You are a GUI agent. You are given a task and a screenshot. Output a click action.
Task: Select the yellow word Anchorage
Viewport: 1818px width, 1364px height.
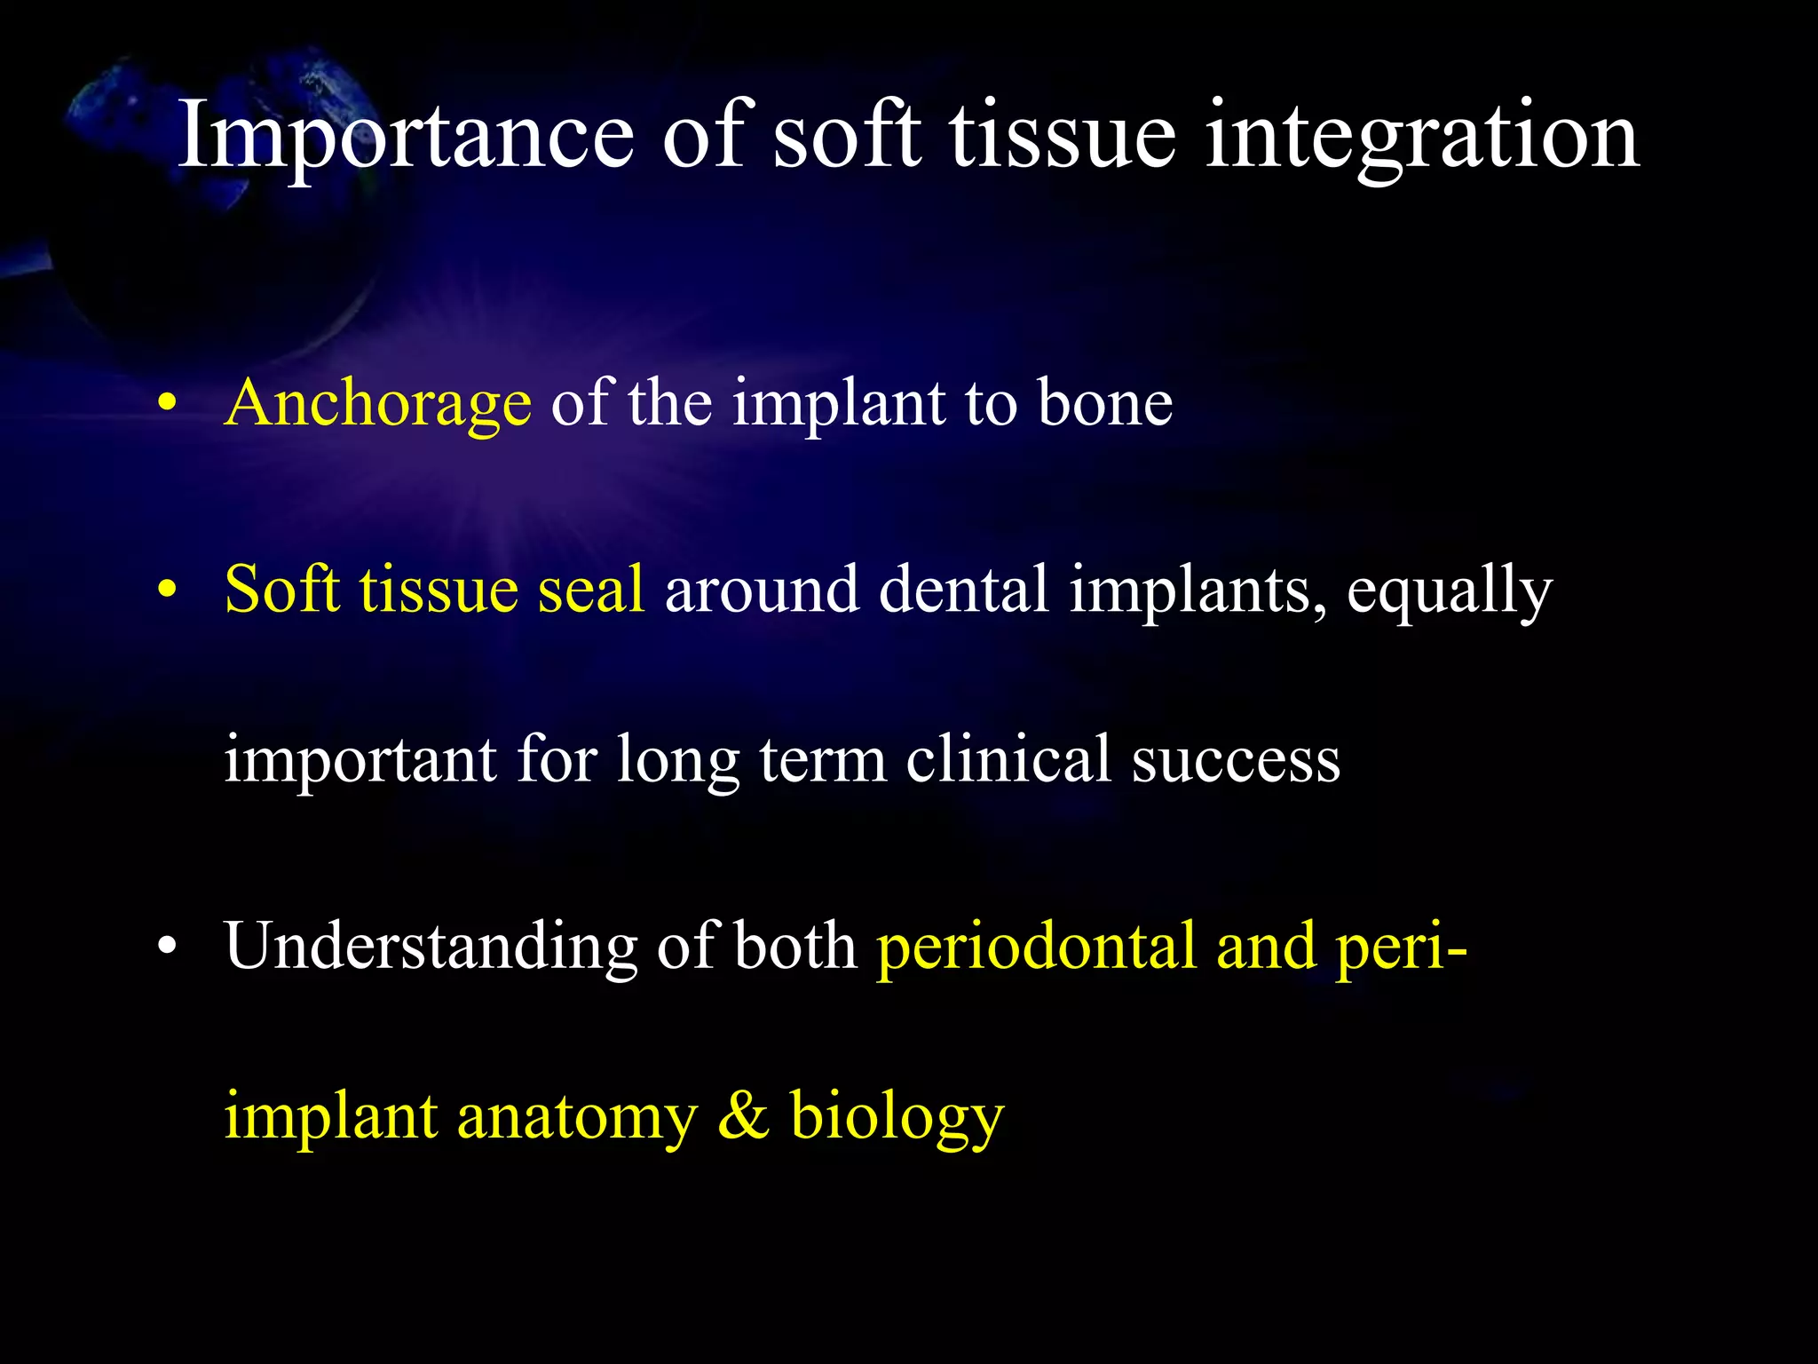point(378,405)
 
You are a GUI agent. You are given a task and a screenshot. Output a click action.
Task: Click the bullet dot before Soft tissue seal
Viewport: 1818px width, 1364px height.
point(166,590)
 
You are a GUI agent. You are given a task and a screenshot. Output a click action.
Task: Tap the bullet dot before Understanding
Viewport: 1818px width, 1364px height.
point(166,948)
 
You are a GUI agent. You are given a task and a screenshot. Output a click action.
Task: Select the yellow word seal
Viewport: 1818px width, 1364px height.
point(591,590)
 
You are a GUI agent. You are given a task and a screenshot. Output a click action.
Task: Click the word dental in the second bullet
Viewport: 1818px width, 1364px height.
point(963,590)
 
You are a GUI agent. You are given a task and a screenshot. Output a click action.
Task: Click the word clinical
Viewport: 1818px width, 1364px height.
point(1008,760)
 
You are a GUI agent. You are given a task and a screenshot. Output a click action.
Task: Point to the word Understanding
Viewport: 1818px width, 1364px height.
point(431,948)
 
